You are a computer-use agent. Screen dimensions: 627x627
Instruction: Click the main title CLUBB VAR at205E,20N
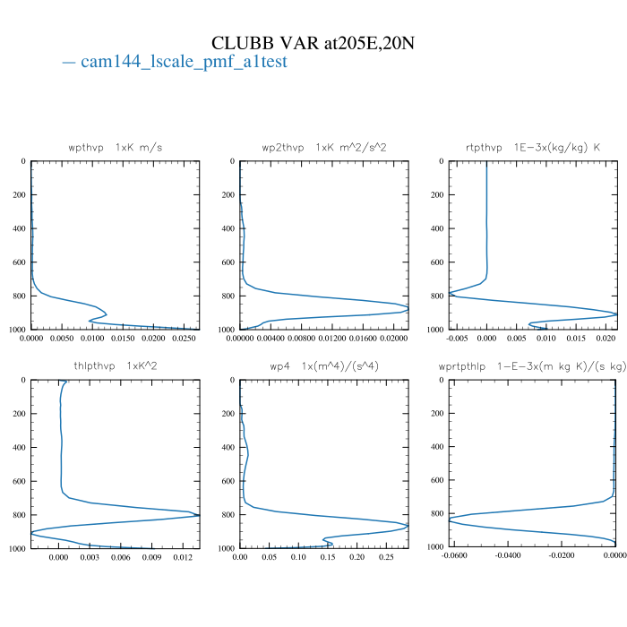(313, 43)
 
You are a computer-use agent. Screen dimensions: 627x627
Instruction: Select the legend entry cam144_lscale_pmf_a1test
(176, 63)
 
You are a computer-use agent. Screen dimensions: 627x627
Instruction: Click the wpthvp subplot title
(116, 147)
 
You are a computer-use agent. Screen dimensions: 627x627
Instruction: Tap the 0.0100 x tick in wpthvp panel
(93, 339)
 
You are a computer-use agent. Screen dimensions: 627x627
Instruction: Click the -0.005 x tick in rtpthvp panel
(457, 339)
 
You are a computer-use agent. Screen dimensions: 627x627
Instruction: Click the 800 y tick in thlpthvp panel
(18, 515)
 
